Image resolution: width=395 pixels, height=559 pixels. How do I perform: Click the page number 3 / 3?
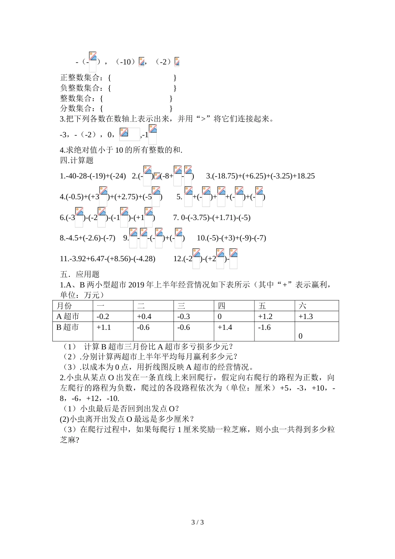tap(197, 522)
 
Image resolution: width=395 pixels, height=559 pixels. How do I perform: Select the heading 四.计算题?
tap(77, 160)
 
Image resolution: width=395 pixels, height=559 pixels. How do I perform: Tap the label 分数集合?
tap(77, 108)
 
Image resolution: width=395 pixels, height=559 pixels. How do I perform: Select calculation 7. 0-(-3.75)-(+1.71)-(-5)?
tap(212, 218)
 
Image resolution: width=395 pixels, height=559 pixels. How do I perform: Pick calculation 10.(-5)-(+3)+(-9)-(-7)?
tap(231, 238)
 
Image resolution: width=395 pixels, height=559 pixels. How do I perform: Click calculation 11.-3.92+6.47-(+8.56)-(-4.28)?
tap(108, 259)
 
